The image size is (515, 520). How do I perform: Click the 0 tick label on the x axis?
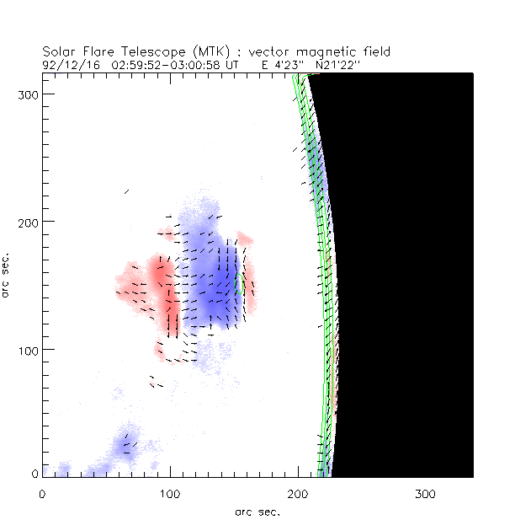42,492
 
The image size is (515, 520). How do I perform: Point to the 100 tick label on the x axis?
170,492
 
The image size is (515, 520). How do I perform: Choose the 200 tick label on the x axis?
298,492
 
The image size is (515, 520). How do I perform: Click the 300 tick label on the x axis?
426,492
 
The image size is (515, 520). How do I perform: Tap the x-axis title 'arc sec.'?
257,511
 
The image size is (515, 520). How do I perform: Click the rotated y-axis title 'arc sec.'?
8,273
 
